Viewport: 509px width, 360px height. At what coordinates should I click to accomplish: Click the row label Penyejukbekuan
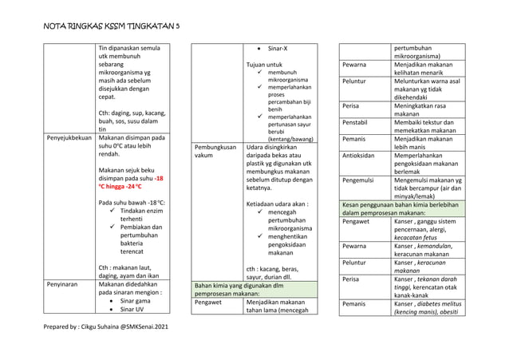click(69, 138)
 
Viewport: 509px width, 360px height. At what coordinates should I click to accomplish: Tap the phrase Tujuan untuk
click(265, 64)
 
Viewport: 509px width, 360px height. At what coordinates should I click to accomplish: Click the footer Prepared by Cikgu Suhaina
click(106, 327)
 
